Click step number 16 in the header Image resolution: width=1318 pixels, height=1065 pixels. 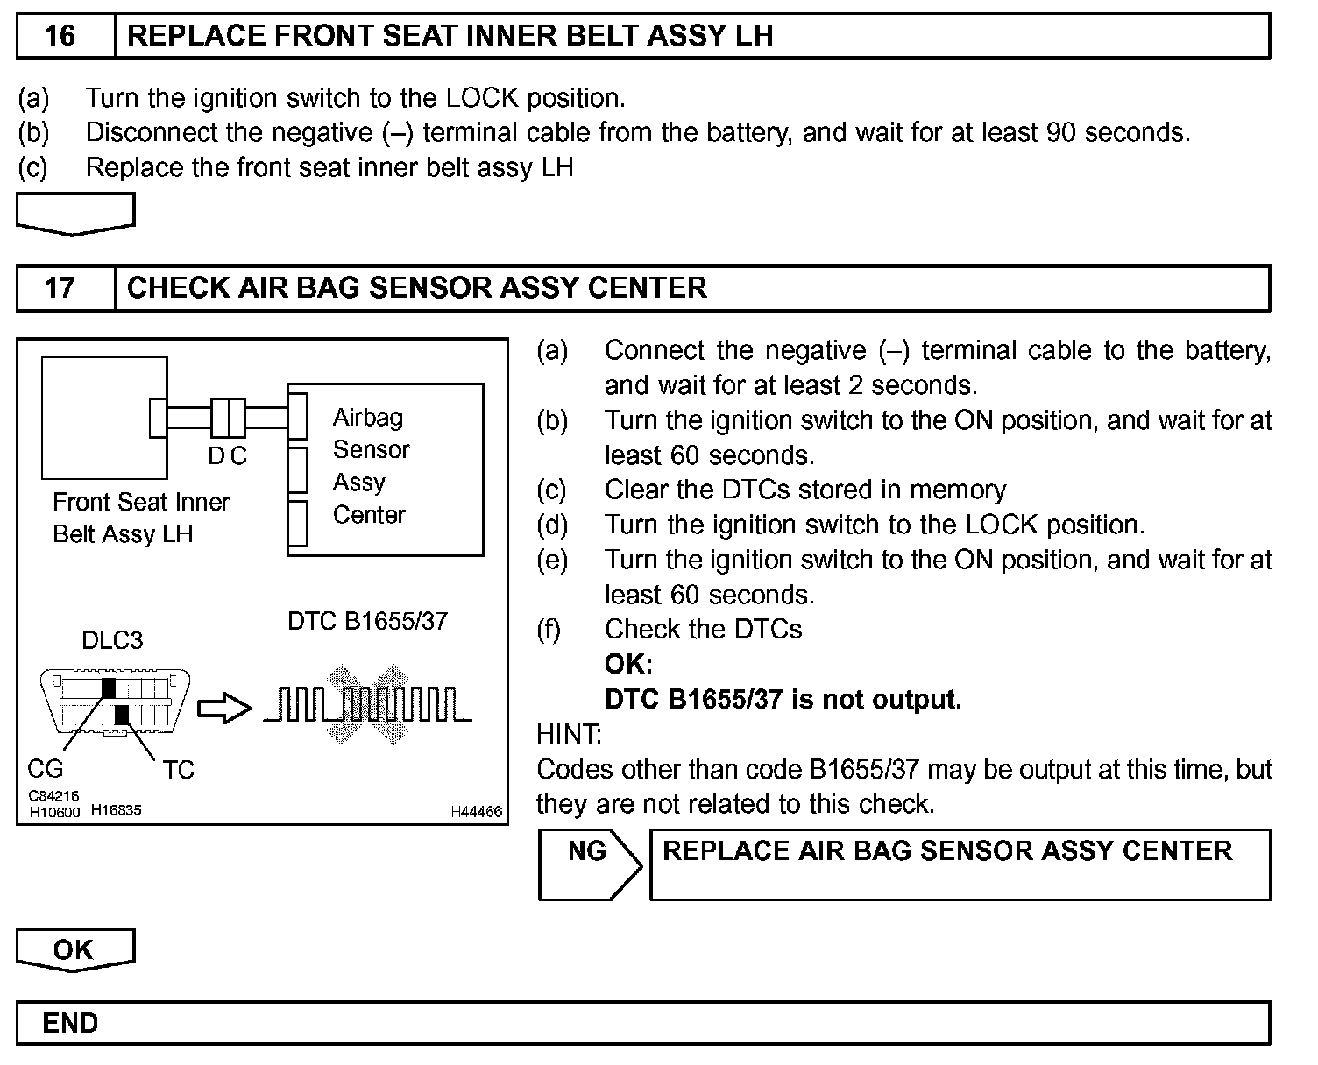(60, 36)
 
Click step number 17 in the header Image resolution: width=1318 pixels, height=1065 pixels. (60, 288)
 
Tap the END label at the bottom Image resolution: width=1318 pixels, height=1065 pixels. (70, 1023)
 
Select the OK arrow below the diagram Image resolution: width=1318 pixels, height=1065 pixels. (74, 950)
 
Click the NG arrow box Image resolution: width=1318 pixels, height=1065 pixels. (589, 864)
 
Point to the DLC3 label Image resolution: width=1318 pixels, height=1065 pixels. (112, 640)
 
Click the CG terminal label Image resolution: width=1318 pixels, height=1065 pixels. (46, 769)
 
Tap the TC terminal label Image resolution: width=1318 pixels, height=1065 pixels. (178, 770)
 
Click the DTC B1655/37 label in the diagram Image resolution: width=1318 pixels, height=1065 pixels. (367, 621)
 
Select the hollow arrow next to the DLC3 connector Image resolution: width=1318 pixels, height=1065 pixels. (223, 709)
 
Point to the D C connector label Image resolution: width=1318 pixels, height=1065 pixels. (228, 455)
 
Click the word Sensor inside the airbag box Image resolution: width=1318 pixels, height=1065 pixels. (372, 449)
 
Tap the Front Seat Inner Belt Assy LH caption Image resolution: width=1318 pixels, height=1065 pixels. (140, 518)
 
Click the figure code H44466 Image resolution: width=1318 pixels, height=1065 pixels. (477, 812)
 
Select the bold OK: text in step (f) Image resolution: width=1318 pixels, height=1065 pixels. (628, 664)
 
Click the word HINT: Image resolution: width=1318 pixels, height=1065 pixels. (569, 734)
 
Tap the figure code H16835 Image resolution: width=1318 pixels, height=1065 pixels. (116, 811)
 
